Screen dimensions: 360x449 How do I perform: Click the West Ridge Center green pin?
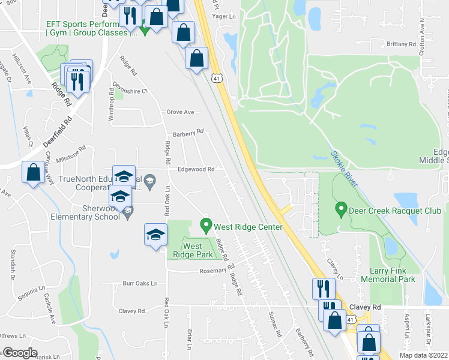point(206,227)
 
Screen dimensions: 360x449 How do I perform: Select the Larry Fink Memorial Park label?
point(388,275)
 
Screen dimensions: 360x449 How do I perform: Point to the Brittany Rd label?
point(402,44)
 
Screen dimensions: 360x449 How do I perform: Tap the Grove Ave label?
point(180,112)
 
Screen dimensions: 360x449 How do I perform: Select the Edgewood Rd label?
point(196,170)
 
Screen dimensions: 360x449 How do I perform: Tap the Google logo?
point(20,353)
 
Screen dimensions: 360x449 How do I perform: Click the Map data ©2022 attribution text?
point(423,355)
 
